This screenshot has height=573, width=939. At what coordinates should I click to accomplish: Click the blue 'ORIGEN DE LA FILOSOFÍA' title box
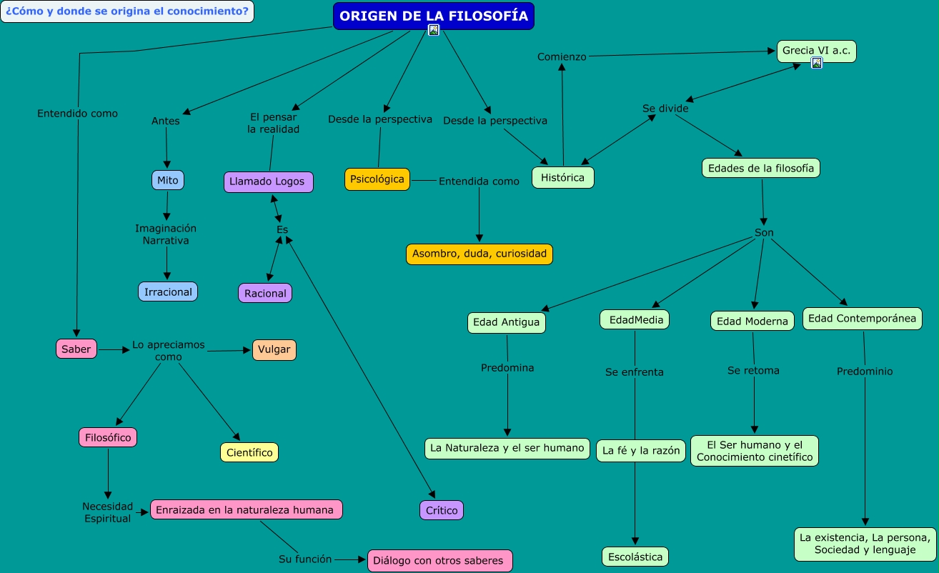[x=433, y=16]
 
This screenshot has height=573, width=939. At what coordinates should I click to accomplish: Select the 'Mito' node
[x=168, y=180]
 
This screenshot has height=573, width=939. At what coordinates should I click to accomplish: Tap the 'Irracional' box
[x=168, y=292]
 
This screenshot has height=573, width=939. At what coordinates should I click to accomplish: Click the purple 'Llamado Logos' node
[x=267, y=181]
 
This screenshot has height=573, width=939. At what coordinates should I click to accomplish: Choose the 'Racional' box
[x=265, y=293]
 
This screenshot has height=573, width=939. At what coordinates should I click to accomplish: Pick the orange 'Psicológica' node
[x=377, y=179]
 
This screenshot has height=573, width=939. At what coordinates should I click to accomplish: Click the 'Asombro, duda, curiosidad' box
[x=480, y=254]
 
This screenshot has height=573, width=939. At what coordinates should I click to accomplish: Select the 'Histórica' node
[x=562, y=177]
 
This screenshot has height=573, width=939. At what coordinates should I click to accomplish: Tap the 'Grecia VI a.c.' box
[x=816, y=51]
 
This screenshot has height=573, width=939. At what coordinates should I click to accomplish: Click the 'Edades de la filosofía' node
[x=760, y=168]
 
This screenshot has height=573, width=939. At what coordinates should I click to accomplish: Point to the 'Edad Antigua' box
[x=507, y=322]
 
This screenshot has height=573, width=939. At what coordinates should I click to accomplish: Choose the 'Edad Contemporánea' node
[x=862, y=319]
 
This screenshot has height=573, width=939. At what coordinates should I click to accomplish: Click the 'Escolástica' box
[x=635, y=556]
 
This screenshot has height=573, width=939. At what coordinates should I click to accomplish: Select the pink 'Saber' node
[x=76, y=349]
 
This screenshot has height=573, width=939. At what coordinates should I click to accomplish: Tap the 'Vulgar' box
[x=274, y=349]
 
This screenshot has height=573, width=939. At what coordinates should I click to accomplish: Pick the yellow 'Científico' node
[x=249, y=452]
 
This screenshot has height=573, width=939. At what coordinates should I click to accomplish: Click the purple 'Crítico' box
[x=442, y=510]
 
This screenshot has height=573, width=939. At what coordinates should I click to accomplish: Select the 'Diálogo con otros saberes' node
[x=440, y=560]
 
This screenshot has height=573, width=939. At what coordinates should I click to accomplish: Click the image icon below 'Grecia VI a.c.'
[x=817, y=63]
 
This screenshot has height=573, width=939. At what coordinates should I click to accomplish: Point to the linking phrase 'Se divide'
[x=665, y=109]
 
